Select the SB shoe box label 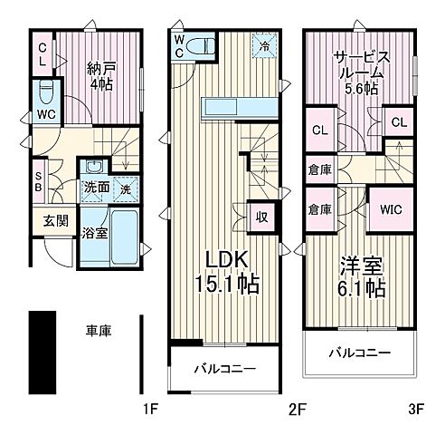(x=38, y=181)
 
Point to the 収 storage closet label (x=260, y=217)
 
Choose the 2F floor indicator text (x=295, y=410)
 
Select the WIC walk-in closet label (x=391, y=209)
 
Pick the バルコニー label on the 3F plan (x=360, y=352)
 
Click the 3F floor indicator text (x=415, y=410)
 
